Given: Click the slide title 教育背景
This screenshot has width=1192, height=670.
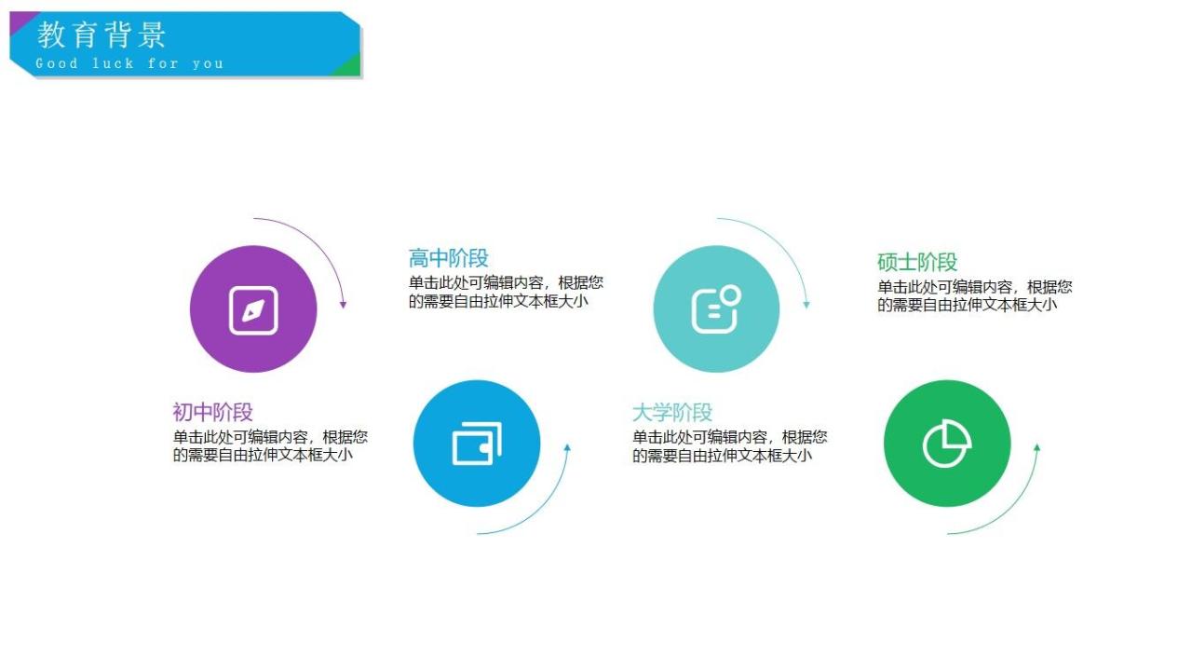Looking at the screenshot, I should pos(102,35).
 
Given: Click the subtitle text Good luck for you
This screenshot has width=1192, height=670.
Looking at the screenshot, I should pos(129,63).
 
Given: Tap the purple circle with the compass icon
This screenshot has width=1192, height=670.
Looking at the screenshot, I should pos(253,309).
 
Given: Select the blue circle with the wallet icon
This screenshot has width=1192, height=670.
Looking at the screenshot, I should pos(477,444).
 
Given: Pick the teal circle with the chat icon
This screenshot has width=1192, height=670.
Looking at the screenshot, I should pos(716,309).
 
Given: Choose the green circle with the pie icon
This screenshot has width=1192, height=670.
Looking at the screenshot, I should pos(947,444).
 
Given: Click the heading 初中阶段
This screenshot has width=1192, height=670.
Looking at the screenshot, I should pos(212,412).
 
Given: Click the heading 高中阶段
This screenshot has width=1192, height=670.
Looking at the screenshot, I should pos(448,258).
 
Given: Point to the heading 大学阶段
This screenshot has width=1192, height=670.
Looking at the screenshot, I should pos(672,412).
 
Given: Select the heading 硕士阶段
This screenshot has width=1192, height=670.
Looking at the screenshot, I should pos(917,262).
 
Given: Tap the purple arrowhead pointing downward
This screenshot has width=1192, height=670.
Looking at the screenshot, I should pos(343,304).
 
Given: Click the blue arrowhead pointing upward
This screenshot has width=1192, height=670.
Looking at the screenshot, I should pos(567,448).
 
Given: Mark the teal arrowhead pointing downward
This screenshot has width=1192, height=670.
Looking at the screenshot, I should pos(806,304).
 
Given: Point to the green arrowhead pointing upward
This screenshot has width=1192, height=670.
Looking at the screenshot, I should pos(1037,448).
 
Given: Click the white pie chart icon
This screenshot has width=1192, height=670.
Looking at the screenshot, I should pos(947,444).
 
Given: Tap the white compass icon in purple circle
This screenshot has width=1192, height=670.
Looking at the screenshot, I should pos(253,310).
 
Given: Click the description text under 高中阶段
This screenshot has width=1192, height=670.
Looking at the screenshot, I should pos(506,292).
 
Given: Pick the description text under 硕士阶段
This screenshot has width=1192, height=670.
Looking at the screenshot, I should pos(974,295).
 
